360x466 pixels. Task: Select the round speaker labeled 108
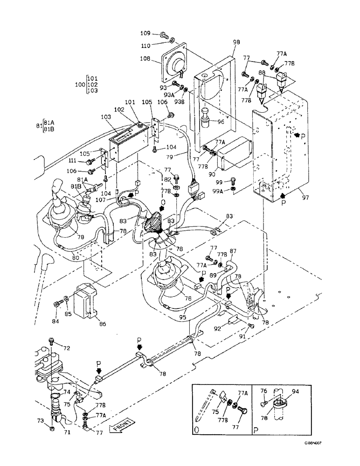coord(175,61)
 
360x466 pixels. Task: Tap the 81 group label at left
coord(39,126)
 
